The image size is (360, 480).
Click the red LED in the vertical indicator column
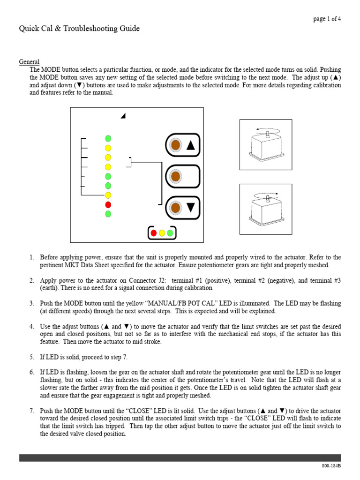[108, 204]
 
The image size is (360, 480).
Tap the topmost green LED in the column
[108, 138]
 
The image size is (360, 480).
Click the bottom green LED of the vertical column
[108, 214]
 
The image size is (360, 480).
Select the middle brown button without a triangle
[176, 176]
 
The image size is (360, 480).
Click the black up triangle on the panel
[190, 145]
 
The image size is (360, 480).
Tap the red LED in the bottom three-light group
[154, 232]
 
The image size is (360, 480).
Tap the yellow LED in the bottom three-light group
[162, 232]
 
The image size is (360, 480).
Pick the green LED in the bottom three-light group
[170, 232]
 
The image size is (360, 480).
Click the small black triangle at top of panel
[123, 116]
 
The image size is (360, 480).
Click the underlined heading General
[29, 62]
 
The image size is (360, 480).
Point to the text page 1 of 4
[327, 19]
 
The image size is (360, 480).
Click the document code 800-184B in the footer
[331, 466]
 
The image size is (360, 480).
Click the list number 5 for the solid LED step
[32, 357]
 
